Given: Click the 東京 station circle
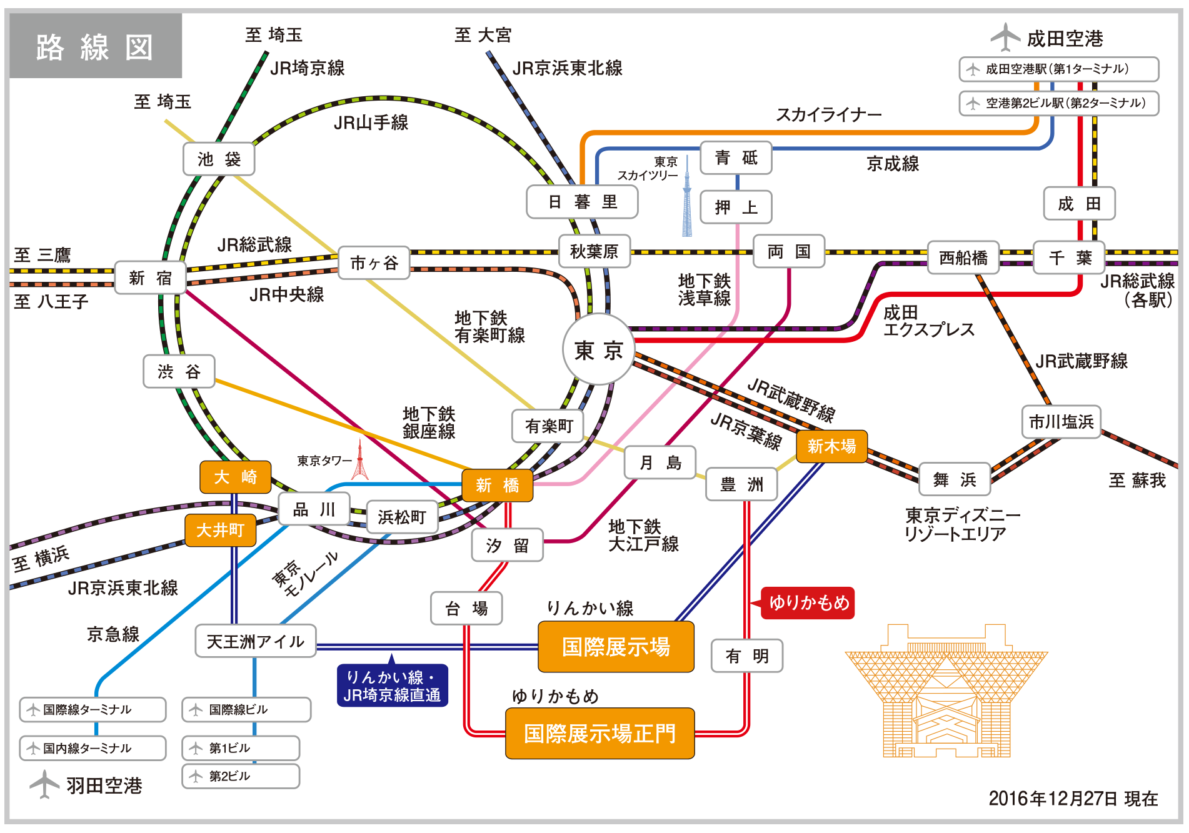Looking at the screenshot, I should (598, 350).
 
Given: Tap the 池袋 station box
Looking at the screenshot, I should (219, 159).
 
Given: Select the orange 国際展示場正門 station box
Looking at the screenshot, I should (600, 733).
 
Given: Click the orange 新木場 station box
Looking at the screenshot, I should (831, 446).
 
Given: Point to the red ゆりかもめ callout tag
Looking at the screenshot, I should (808, 602).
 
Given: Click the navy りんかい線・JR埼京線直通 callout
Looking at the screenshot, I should (393, 686).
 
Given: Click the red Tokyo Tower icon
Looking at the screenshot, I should (359, 461).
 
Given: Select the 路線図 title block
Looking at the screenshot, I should (96, 46).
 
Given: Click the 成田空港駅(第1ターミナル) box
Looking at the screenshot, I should (1058, 69).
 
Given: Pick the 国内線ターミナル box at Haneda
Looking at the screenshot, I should (93, 748).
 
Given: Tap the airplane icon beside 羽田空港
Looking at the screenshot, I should (44, 784).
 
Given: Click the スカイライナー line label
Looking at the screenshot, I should (828, 115).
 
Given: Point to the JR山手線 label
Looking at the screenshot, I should (371, 122).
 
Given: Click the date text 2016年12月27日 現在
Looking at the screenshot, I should (1073, 798).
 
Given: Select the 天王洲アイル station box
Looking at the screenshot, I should (255, 642).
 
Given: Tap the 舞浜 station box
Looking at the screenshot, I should (954, 479).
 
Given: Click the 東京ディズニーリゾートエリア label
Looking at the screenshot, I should (961, 524).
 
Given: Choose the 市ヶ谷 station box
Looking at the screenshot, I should (374, 263).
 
